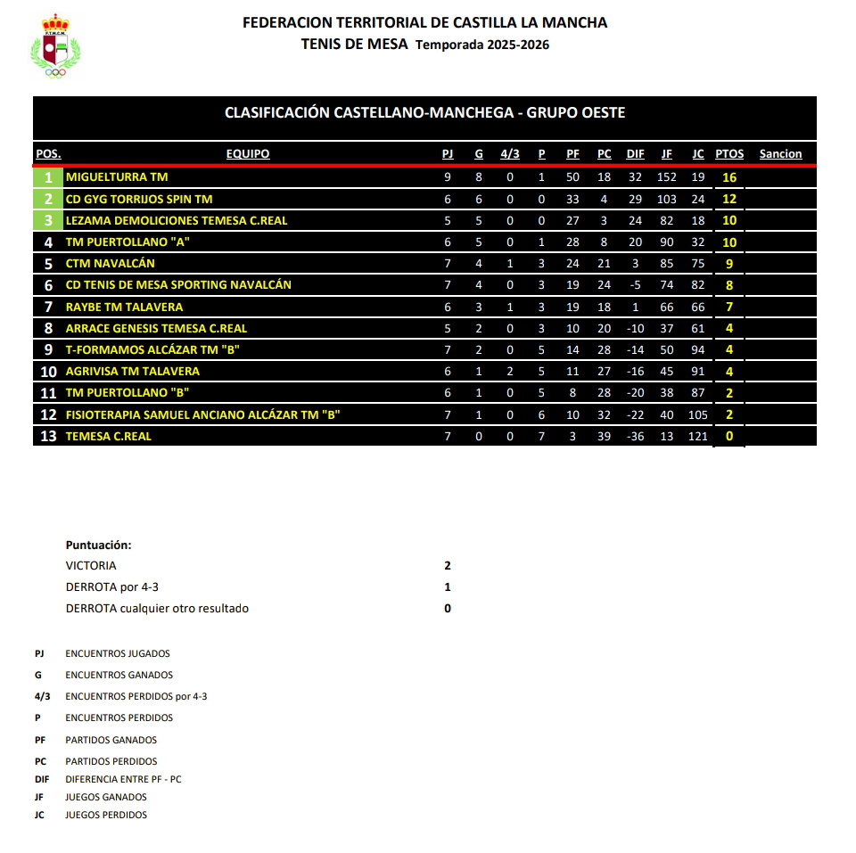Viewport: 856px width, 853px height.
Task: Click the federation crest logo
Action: tap(55, 46)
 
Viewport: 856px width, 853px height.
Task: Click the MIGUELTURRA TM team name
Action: tap(117, 177)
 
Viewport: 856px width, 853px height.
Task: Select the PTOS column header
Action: tap(729, 154)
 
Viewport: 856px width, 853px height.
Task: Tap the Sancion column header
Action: tap(780, 154)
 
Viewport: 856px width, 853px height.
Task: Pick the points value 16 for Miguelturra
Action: tap(729, 177)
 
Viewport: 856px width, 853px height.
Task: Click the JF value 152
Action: tap(667, 177)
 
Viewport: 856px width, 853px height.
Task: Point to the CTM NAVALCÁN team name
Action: tap(111, 264)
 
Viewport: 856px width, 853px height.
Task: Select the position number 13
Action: tap(48, 436)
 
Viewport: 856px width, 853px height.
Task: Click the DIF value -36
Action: tap(635, 436)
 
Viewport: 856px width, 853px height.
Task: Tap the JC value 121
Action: tap(698, 436)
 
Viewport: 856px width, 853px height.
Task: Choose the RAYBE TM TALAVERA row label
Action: tap(124, 307)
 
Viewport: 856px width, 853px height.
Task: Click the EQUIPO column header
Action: tap(248, 154)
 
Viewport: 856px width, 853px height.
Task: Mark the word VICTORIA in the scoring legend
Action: tap(91, 566)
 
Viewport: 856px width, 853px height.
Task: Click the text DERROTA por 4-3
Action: tap(112, 587)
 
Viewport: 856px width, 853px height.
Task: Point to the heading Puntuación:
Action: tap(98, 545)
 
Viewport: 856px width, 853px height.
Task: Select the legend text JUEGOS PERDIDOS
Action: tap(106, 815)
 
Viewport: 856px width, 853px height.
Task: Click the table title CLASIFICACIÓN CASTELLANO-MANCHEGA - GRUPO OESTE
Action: tap(424, 113)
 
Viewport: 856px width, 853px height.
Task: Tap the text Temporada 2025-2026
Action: tap(482, 45)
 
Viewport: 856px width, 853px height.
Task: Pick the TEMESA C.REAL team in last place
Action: tap(109, 436)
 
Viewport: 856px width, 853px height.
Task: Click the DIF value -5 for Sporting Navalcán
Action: tap(635, 285)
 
